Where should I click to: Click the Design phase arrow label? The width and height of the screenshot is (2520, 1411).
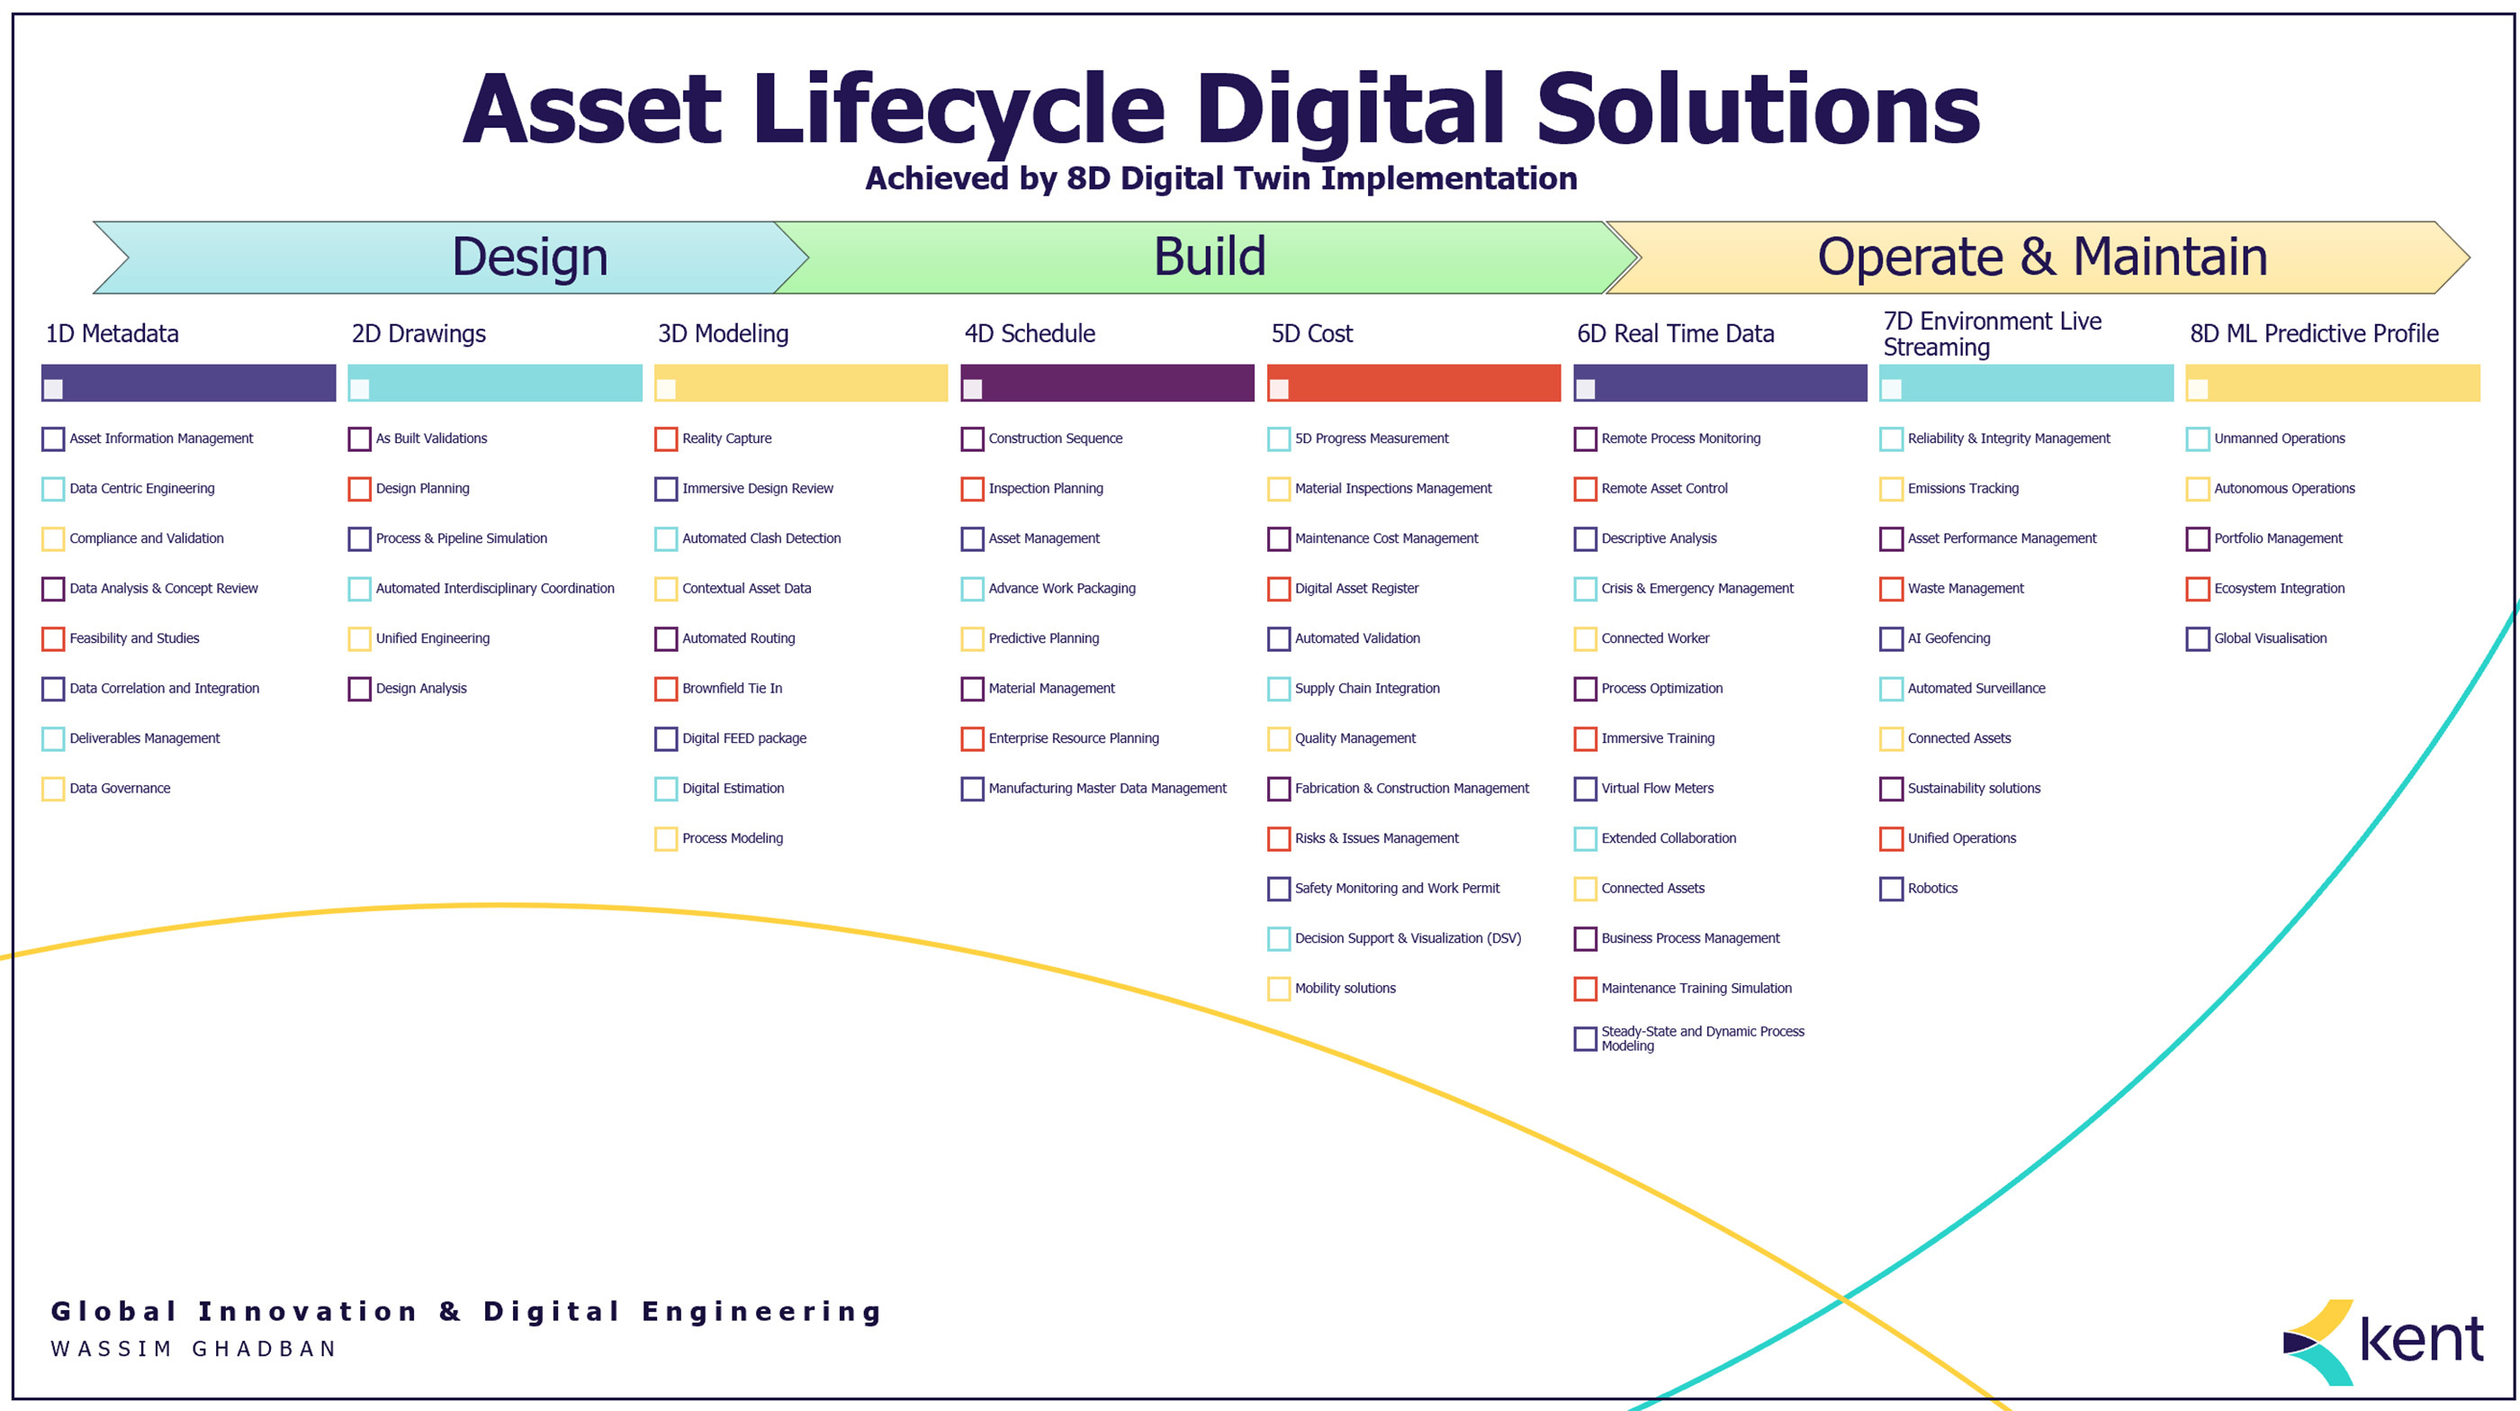coord(529,258)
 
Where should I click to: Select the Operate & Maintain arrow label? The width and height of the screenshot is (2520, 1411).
coord(2041,258)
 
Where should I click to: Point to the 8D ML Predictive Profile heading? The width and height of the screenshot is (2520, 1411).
coord(2314,334)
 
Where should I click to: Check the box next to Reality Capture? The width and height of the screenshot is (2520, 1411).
coord(666,439)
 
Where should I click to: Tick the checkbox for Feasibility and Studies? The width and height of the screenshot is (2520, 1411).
coord(54,639)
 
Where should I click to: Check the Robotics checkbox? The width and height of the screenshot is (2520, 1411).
coord(1891,889)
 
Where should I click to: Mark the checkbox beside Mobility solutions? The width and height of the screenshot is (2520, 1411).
coord(1279,989)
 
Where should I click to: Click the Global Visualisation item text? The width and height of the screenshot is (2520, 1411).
coord(2270,639)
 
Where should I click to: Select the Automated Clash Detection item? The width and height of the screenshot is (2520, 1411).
coord(761,539)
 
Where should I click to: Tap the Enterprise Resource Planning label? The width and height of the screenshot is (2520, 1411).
coord(1073,738)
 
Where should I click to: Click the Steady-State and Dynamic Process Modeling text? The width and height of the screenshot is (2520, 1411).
coord(1702,1038)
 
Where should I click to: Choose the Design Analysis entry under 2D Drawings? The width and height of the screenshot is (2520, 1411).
coord(420,689)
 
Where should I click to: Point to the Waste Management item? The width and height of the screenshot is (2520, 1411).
coord(1966,589)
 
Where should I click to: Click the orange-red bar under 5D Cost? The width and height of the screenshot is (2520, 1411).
coord(1414,384)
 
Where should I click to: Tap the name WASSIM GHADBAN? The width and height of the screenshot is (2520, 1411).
coord(193,1348)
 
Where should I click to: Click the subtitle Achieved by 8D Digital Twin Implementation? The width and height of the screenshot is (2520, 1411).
coord(1221,179)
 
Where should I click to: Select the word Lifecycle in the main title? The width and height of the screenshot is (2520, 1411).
coord(958,110)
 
